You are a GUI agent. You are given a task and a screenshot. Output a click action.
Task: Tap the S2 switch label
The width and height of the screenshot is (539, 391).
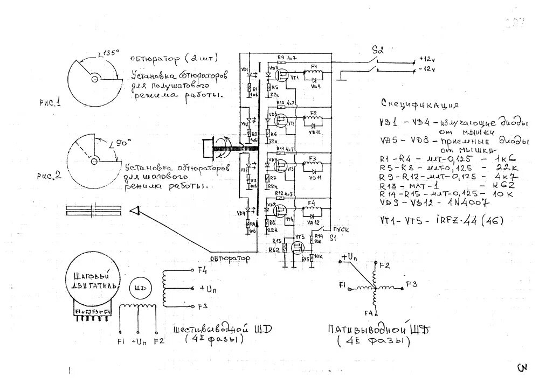click(x=377, y=50)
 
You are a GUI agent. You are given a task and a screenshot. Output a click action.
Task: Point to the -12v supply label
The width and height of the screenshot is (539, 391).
click(x=427, y=70)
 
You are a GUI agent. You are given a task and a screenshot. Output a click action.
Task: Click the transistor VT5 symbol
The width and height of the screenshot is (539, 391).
click(x=296, y=247)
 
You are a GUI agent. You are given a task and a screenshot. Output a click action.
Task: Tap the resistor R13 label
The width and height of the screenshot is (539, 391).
click(x=277, y=240)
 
